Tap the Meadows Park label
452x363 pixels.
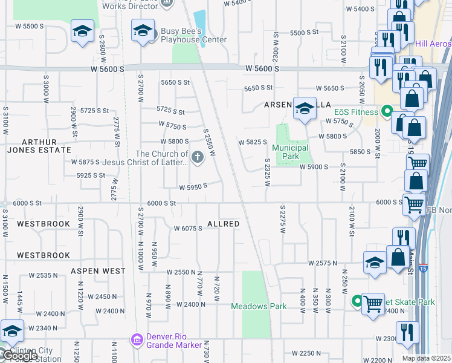click(x=259, y=306)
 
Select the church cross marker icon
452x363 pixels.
click(x=197, y=158)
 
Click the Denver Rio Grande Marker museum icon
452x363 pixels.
click(x=137, y=341)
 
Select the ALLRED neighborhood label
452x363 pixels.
click(x=224, y=224)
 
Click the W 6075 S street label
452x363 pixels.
click(x=187, y=229)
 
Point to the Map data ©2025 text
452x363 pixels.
click(x=426, y=358)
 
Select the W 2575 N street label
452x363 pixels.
click(x=322, y=263)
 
